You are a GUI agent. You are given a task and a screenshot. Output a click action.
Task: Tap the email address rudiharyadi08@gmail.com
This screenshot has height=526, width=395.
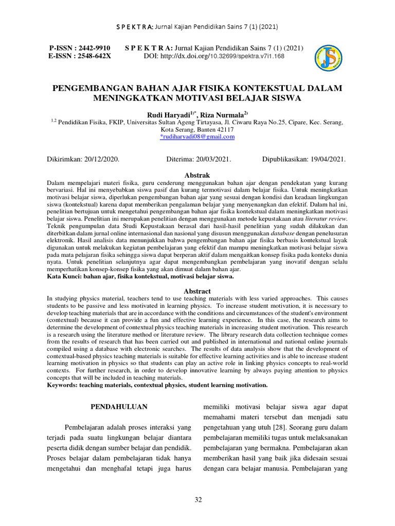pyautogui.click(x=197, y=137)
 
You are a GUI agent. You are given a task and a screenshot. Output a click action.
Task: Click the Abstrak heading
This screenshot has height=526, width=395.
pyautogui.click(x=197, y=176)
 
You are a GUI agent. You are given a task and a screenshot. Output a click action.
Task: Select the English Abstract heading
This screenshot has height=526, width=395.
pyautogui.click(x=197, y=291)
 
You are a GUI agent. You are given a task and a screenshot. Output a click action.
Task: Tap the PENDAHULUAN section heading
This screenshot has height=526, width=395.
pyautogui.click(x=119, y=406)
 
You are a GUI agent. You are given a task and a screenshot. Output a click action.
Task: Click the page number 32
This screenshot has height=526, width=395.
pyautogui.click(x=198, y=500)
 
